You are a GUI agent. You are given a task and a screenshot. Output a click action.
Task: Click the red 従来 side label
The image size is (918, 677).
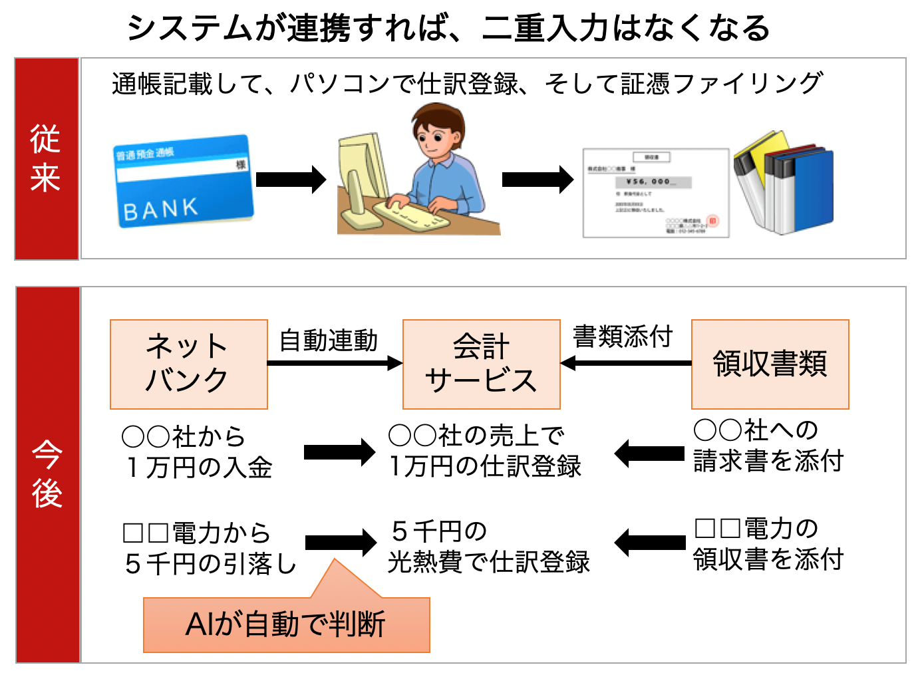46,158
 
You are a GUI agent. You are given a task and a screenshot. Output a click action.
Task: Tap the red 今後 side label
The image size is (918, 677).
47,474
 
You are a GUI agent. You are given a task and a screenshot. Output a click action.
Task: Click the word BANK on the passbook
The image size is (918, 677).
161,209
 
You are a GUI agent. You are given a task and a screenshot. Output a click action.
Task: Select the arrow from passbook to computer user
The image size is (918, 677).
291,180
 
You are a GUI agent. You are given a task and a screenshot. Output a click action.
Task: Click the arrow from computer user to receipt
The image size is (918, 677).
537,180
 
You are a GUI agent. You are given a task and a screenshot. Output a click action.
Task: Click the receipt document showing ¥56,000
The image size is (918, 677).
655,193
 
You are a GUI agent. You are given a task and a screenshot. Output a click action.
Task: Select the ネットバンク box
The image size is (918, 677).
188,364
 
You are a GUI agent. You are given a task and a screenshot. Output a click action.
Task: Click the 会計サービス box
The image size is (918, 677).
481,364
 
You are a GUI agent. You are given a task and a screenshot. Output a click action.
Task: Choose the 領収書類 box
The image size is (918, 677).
770,364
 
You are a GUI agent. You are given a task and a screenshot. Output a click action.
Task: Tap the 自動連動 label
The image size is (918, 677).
329,340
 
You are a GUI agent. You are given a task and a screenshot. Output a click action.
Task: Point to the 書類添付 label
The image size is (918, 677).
623,337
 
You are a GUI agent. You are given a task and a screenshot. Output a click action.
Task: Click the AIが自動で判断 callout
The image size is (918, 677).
286,624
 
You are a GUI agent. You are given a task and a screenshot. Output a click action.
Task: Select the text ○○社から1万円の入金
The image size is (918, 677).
197,452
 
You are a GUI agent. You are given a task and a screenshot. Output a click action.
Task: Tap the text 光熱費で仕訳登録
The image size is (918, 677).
489,562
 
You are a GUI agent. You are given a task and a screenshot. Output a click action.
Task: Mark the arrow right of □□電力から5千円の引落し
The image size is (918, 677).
341,543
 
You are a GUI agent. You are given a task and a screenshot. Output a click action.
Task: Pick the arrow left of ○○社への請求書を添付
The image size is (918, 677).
649,454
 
